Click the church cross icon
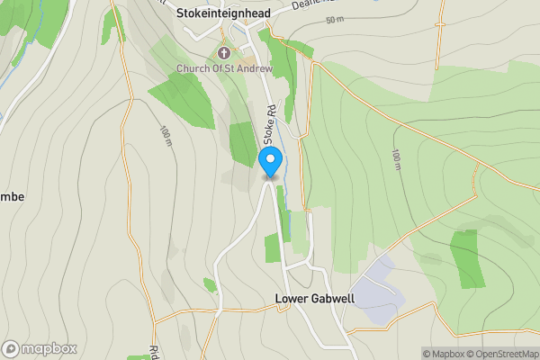click(221, 53)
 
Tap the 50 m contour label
click(335, 20)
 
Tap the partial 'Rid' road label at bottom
click(153, 352)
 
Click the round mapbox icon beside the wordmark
click(12, 348)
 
